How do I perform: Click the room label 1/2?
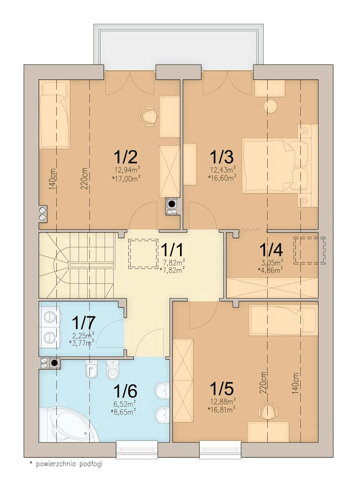pyautogui.click(x=126, y=157)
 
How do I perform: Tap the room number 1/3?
pyautogui.click(x=221, y=157)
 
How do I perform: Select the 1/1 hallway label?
pyautogui.click(x=172, y=250)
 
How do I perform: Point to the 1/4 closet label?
pyautogui.click(x=271, y=250)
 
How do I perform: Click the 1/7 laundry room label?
pyautogui.click(x=84, y=323)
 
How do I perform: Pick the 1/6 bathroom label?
pyautogui.click(x=125, y=391)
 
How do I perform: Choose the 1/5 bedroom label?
pyautogui.click(x=221, y=389)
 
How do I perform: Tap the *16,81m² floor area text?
pyautogui.click(x=222, y=409)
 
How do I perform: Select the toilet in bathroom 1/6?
pyautogui.click(x=112, y=369)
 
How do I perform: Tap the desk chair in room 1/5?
pyautogui.click(x=268, y=410)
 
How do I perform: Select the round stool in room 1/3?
pyautogui.click(x=270, y=106)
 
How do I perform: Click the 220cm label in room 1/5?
pyautogui.click(x=263, y=382)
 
